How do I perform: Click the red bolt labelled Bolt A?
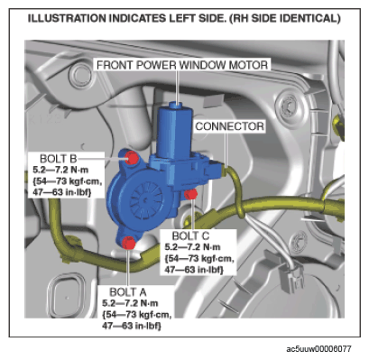point(128,243)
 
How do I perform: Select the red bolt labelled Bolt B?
point(132,158)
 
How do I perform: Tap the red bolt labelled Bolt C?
point(190,194)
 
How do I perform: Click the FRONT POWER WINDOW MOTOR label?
point(182,65)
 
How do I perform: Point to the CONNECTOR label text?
point(230,126)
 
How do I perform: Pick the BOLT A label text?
point(128,292)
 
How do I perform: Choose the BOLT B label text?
point(59,159)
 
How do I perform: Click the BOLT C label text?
point(190,235)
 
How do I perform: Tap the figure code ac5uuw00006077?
point(318,349)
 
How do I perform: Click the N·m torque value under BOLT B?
point(60,170)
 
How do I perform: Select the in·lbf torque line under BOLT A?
point(132,326)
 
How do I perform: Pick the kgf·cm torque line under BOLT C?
point(199,259)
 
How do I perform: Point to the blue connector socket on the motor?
point(213,170)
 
